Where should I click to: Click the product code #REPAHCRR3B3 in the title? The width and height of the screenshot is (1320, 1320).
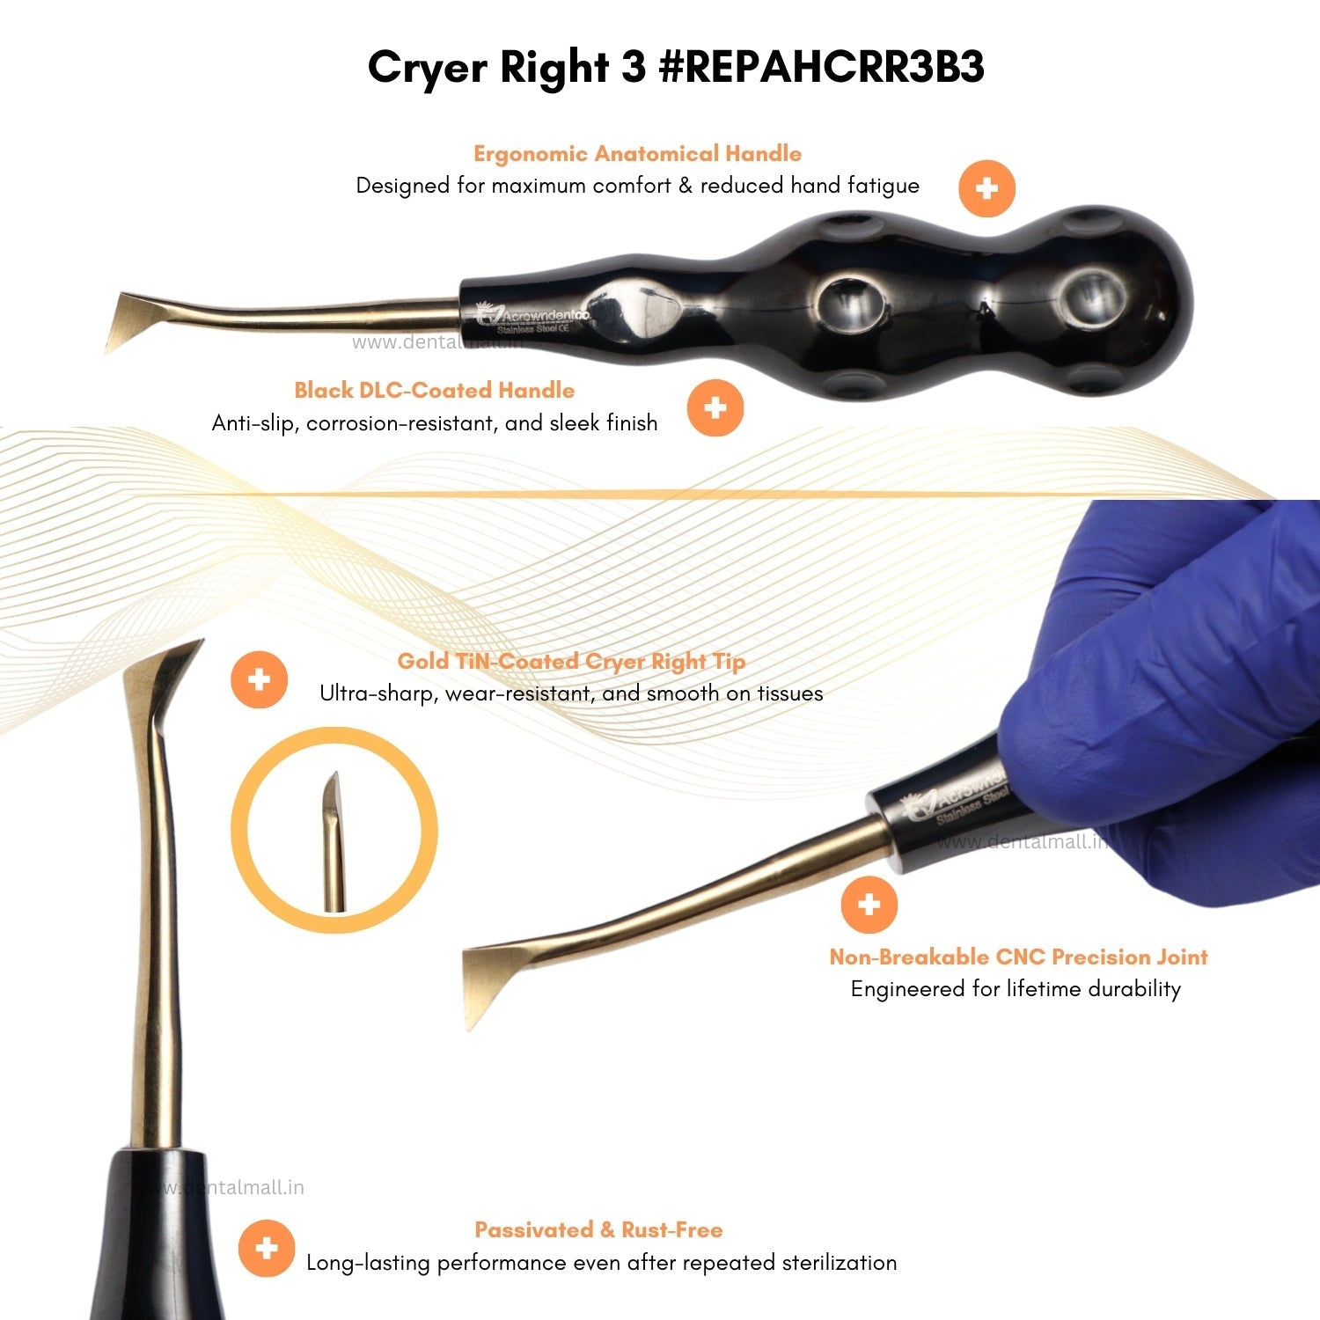pyautogui.click(x=821, y=67)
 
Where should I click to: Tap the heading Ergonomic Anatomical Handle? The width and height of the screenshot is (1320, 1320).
pyautogui.click(x=637, y=154)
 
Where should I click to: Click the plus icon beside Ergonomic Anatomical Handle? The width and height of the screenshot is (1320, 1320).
pyautogui.click(x=986, y=188)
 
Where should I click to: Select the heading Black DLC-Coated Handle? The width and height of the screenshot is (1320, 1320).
pyautogui.click(x=435, y=391)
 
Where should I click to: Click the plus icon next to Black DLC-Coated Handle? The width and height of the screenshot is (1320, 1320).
pyautogui.click(x=715, y=408)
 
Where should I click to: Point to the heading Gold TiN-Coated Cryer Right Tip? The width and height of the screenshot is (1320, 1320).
pyautogui.click(x=571, y=662)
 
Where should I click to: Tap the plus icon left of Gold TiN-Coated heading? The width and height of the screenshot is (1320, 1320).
pyautogui.click(x=259, y=680)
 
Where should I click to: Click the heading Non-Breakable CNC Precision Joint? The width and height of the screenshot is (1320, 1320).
pyautogui.click(x=1018, y=957)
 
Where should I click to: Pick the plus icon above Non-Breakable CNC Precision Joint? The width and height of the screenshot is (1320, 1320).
pyautogui.click(x=869, y=905)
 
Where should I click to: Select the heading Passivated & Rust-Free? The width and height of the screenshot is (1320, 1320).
pyautogui.click(x=598, y=1230)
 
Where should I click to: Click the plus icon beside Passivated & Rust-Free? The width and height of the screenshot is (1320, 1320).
pyautogui.click(x=267, y=1248)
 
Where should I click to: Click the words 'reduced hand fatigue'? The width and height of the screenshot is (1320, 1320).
pyautogui.click(x=810, y=186)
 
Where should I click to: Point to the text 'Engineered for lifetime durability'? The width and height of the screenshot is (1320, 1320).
pyautogui.click(x=1016, y=989)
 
